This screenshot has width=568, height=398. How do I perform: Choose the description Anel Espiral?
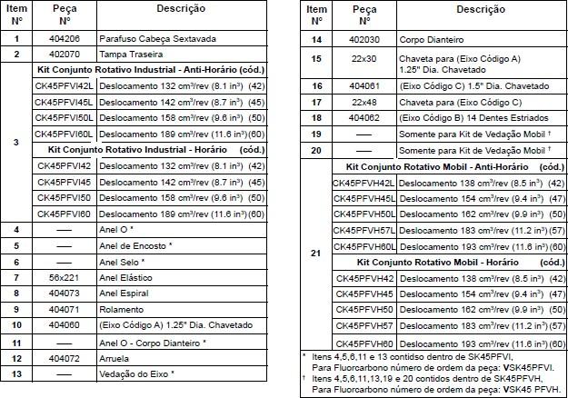point(124,293)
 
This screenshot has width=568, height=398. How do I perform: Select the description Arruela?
point(115,357)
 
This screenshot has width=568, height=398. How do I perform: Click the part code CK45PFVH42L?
point(364,183)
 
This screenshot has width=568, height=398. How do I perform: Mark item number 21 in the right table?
point(315,253)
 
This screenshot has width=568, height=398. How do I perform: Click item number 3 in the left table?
point(16,143)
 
